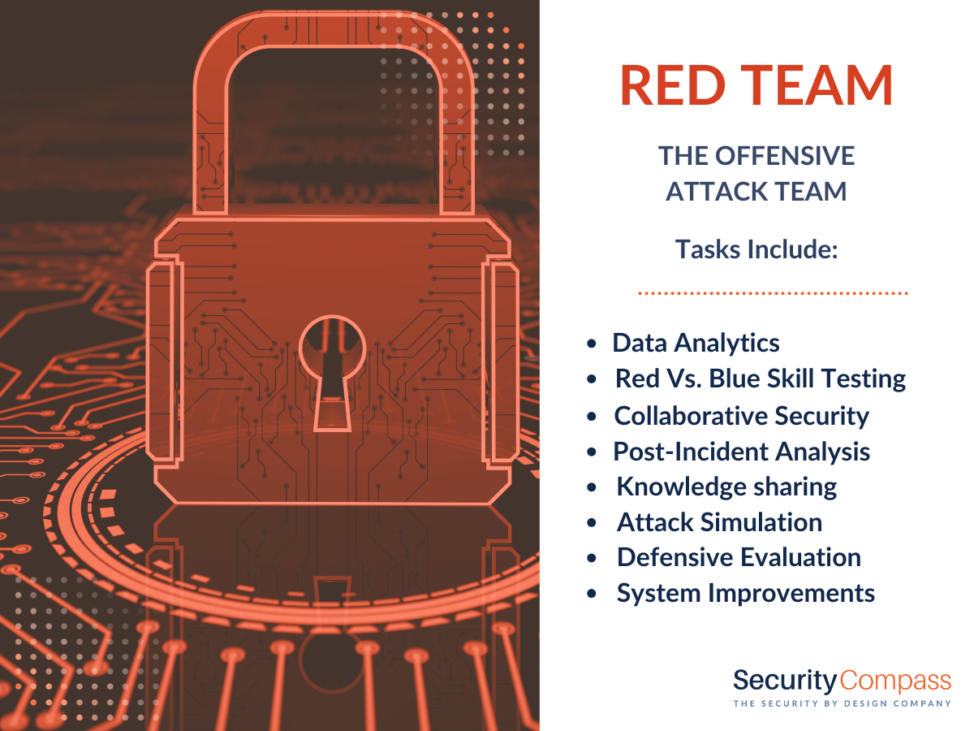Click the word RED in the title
[x=673, y=85]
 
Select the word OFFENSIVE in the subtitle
[x=785, y=156]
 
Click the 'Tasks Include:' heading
[x=756, y=249]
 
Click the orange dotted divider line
[x=773, y=293]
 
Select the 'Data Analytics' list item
[x=696, y=343]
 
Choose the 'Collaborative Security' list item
[x=741, y=416]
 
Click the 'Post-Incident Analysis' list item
[x=742, y=452]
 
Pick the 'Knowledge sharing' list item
[x=726, y=487]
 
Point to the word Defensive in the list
[x=677, y=557]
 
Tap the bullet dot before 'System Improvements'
[x=592, y=594]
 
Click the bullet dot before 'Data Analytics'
[x=592, y=344]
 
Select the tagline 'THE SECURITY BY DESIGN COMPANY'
[x=843, y=703]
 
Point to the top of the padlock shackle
[x=334, y=30]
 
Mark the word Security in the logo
[x=785, y=681]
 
